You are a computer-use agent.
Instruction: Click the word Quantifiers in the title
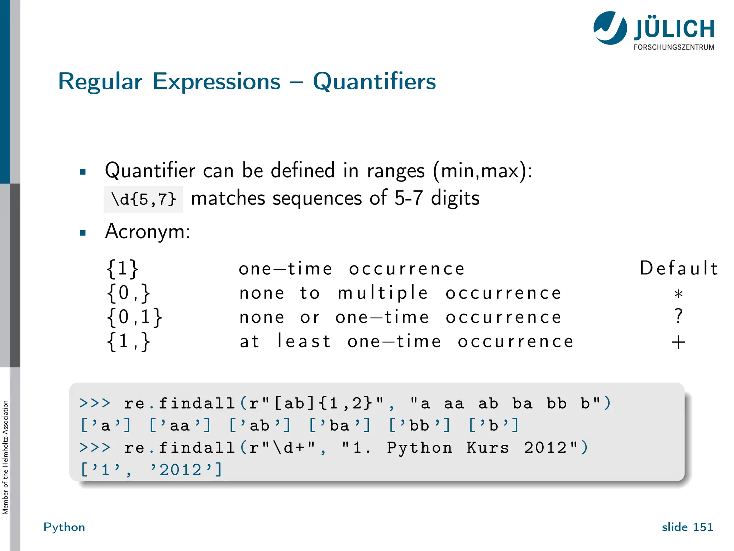[374, 81]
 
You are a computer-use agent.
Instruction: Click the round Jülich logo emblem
[610, 28]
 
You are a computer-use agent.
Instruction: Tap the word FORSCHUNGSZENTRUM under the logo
[674, 47]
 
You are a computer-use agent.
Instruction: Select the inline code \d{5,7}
[143, 199]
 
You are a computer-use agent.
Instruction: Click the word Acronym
[147, 231]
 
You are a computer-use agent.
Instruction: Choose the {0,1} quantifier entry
[134, 317]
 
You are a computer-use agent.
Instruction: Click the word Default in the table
[678, 268]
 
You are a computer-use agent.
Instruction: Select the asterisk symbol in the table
[678, 295]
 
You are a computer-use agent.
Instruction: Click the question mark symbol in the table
[678, 316]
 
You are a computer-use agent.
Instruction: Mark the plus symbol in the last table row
[678, 342]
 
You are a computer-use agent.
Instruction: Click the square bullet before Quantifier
[83, 172]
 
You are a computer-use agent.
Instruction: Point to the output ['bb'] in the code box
[419, 426]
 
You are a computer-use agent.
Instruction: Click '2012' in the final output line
[181, 470]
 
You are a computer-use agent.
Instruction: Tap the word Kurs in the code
[487, 448]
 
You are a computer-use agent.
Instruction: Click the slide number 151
[703, 527]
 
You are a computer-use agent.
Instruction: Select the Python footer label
[64, 527]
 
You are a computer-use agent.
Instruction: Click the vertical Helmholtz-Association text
[5, 457]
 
